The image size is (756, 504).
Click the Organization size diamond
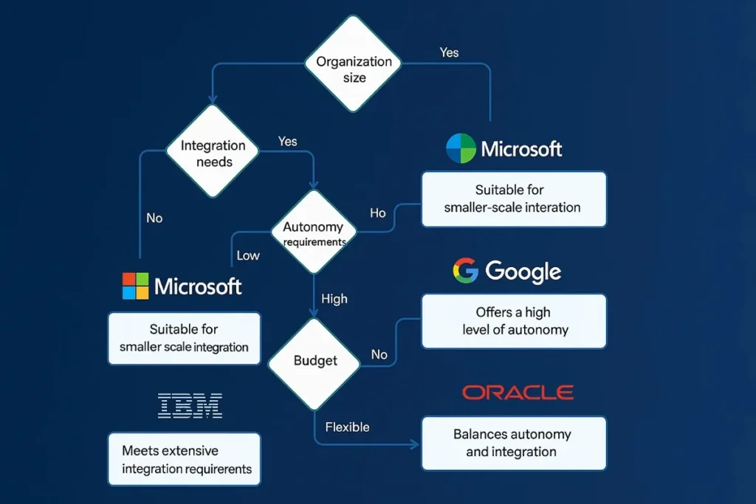pyautogui.click(x=353, y=64)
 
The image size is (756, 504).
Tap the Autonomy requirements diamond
pyautogui.click(x=315, y=232)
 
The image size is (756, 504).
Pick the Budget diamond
pyautogui.click(x=315, y=361)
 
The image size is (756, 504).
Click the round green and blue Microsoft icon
pyautogui.click(x=461, y=148)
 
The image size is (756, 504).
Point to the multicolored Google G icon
pyautogui.click(x=465, y=272)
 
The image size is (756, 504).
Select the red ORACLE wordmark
pyautogui.click(x=518, y=393)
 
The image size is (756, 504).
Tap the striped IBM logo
pyautogui.click(x=190, y=405)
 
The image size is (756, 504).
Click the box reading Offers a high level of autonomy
pyautogui.click(x=514, y=321)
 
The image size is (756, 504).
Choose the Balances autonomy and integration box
pyautogui.click(x=514, y=443)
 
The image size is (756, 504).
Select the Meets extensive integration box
pyautogui.click(x=185, y=459)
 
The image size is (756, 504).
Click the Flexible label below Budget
pyautogui.click(x=347, y=427)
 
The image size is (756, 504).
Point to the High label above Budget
pyautogui.click(x=334, y=299)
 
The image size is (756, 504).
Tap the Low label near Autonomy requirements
pyautogui.click(x=248, y=255)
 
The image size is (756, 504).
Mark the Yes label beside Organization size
pyautogui.click(x=449, y=52)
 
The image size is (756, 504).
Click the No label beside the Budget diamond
pyautogui.click(x=379, y=355)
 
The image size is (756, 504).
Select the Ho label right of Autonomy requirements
pyautogui.click(x=377, y=213)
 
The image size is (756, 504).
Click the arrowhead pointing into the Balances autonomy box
pyautogui.click(x=415, y=444)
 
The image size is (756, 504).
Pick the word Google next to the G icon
pyautogui.click(x=523, y=272)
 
